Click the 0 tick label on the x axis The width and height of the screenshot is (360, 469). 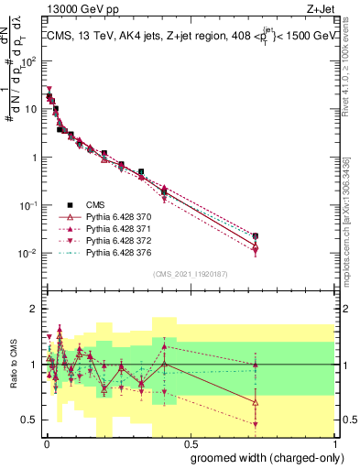pos(45,442)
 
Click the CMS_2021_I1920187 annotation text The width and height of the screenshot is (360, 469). pos(190,274)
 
